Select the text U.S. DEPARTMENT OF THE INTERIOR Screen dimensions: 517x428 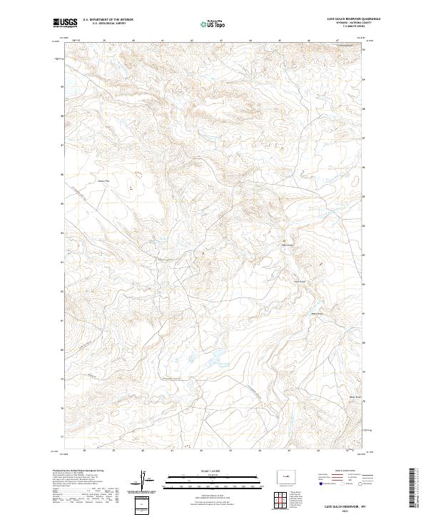(x=108, y=19)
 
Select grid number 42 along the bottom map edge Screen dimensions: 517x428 (x=202, y=451)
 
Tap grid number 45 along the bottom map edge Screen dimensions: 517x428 (x=290, y=451)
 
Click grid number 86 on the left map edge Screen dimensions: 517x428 (x=61, y=174)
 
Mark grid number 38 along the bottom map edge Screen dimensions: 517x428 (x=85, y=451)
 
